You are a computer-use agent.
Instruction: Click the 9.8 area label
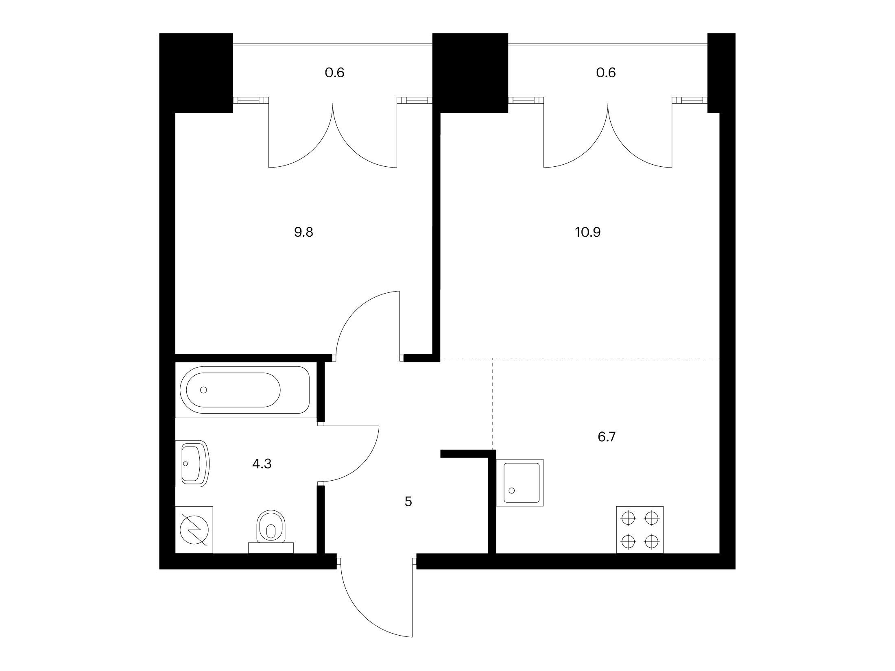coord(303,232)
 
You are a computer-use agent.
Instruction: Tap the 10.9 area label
coord(588,232)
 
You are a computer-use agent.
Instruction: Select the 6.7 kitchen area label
coord(607,437)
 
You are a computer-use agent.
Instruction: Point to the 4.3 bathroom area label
coord(262,464)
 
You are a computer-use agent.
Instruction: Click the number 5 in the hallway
coord(408,502)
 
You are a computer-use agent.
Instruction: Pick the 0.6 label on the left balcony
coord(334,73)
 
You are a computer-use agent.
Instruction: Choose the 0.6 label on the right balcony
coord(606,73)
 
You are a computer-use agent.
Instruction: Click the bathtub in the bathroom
coord(245,390)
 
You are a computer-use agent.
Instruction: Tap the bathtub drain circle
coord(204,390)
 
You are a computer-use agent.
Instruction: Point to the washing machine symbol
coord(194,529)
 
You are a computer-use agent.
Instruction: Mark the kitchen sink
coord(520,483)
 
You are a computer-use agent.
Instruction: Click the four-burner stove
coord(640,529)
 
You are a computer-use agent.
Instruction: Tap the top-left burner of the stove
coord(629,518)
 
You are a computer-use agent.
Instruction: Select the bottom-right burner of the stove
coord(652,541)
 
